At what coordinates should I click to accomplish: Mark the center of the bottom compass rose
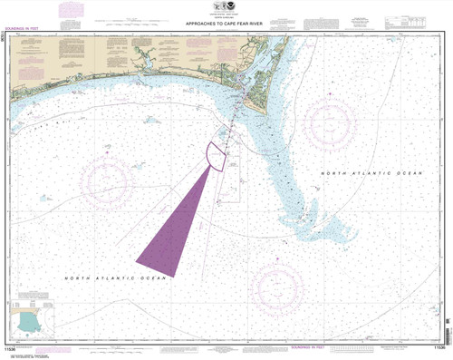click(x=282, y=286)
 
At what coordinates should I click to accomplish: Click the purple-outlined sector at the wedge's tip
click(x=217, y=156)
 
